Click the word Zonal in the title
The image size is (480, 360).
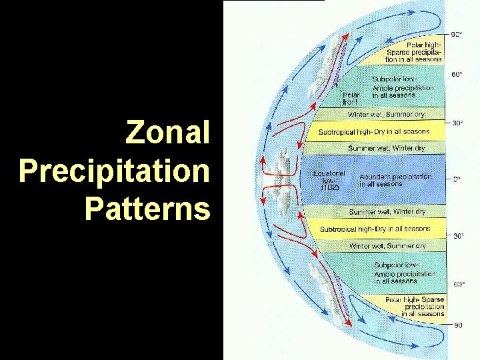pos(167,133)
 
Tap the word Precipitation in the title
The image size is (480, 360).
pos(114,171)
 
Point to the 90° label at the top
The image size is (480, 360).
pos(457,35)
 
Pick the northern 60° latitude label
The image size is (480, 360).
pos(457,75)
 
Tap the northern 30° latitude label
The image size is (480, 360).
pos(457,123)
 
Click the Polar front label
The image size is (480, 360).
pos(351,99)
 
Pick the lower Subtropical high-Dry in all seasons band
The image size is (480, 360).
pos(375,229)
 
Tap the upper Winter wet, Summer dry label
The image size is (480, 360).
pos(385,115)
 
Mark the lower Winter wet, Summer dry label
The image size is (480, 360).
pos(387,246)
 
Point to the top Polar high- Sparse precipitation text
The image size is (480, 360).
pos(414,50)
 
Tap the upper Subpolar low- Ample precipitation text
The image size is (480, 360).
pos(403,87)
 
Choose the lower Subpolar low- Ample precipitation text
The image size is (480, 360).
pos(404,273)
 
